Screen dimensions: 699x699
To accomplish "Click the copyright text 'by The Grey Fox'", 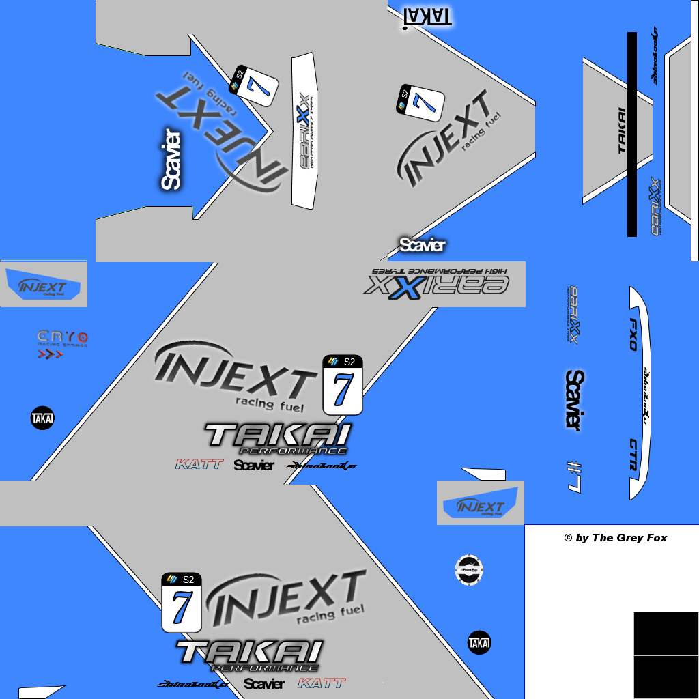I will (616, 538).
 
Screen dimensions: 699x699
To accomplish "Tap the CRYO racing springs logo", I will (62, 339).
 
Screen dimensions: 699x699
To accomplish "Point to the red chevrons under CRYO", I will (50, 354).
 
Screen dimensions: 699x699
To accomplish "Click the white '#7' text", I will (574, 476).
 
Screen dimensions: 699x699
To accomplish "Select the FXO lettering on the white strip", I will (633, 334).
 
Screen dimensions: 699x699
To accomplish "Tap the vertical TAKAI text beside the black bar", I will (622, 130).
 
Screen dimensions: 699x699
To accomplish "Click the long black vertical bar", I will (632, 134).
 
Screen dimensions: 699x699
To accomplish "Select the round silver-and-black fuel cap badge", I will (470, 569).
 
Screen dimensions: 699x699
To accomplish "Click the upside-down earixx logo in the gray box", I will (438, 281).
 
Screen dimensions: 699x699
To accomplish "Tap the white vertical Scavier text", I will (171, 158).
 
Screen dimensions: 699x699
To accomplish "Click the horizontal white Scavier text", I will (423, 245).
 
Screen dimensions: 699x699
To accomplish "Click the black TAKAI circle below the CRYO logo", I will (42, 418).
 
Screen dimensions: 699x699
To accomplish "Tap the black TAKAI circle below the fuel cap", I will (479, 642).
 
